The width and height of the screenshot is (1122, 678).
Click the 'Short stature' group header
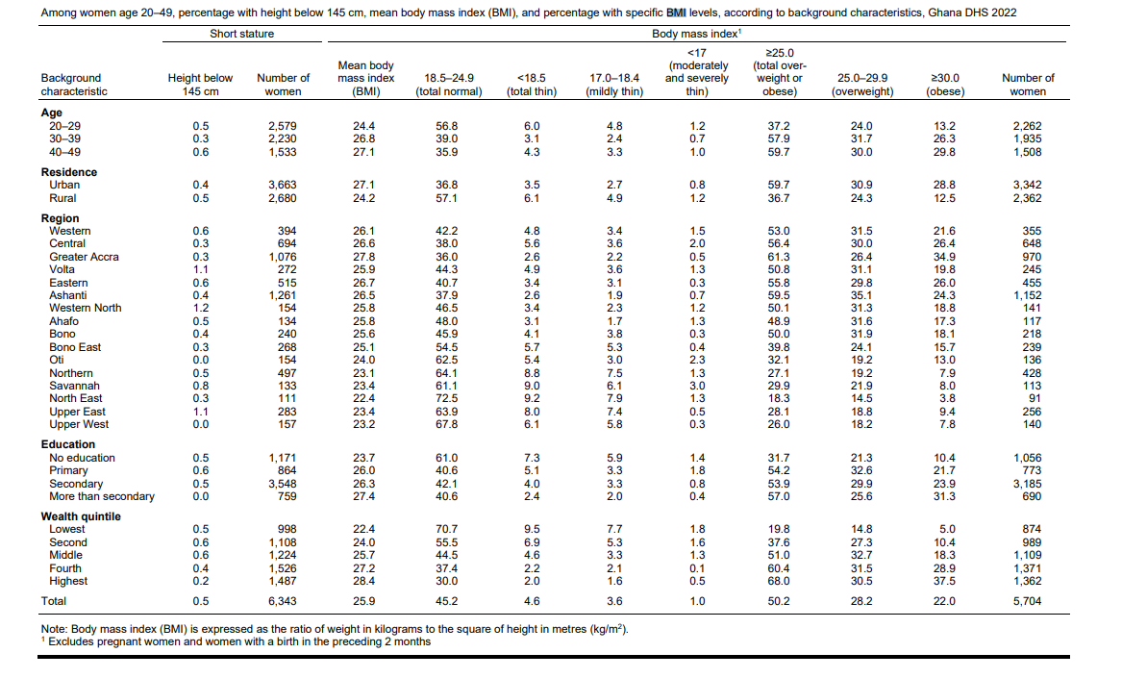(241, 34)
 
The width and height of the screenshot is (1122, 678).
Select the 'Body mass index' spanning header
(695, 34)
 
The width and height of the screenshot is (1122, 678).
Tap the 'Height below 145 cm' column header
(200, 85)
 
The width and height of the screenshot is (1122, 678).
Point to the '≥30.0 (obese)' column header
(945, 85)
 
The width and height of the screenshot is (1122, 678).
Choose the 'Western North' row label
(86, 308)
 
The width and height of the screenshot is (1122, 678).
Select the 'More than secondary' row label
(102, 496)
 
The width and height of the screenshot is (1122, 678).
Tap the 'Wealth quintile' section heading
(81, 516)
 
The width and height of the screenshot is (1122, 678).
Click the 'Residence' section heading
(69, 172)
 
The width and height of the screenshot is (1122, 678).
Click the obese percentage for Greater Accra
(945, 257)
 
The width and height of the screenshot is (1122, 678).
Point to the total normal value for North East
(447, 398)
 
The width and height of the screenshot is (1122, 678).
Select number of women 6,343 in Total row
(283, 601)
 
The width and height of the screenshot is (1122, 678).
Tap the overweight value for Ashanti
(861, 295)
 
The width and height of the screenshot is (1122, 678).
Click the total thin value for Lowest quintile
(532, 529)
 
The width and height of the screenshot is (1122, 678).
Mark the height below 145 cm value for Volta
(200, 269)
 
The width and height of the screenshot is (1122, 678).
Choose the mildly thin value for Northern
(614, 373)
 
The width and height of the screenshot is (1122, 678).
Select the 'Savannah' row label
(74, 386)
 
